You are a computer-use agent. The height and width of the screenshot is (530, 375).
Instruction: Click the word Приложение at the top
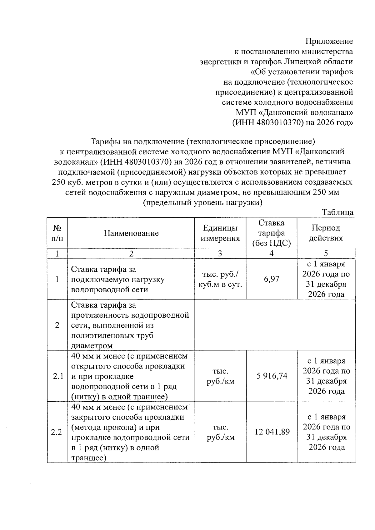[329, 41]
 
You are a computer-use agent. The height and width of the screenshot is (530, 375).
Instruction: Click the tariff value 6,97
[271, 279]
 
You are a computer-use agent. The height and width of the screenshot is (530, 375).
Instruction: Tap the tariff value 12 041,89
[272, 432]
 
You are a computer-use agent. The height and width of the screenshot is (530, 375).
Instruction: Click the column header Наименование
[131, 233]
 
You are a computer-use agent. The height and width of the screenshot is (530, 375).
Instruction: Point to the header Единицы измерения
[220, 233]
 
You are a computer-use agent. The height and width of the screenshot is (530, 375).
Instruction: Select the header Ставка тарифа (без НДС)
[271, 233]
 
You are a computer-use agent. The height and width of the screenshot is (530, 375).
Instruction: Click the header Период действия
[326, 233]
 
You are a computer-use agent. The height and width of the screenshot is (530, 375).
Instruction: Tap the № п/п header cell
[57, 233]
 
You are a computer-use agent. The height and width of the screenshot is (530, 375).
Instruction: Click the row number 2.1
[58, 376]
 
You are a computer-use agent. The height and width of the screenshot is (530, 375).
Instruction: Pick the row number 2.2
[57, 432]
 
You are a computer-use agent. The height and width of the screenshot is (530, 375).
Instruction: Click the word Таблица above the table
[337, 213]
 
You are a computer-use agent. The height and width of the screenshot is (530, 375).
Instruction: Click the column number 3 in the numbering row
[220, 254]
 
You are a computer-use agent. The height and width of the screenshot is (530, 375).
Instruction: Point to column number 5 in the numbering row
[326, 254]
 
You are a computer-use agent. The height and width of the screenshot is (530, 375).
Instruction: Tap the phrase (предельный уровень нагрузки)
[202, 202]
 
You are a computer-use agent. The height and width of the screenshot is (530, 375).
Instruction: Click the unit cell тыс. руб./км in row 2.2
[220, 432]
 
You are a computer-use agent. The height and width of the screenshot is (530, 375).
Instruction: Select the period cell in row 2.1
[326, 376]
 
